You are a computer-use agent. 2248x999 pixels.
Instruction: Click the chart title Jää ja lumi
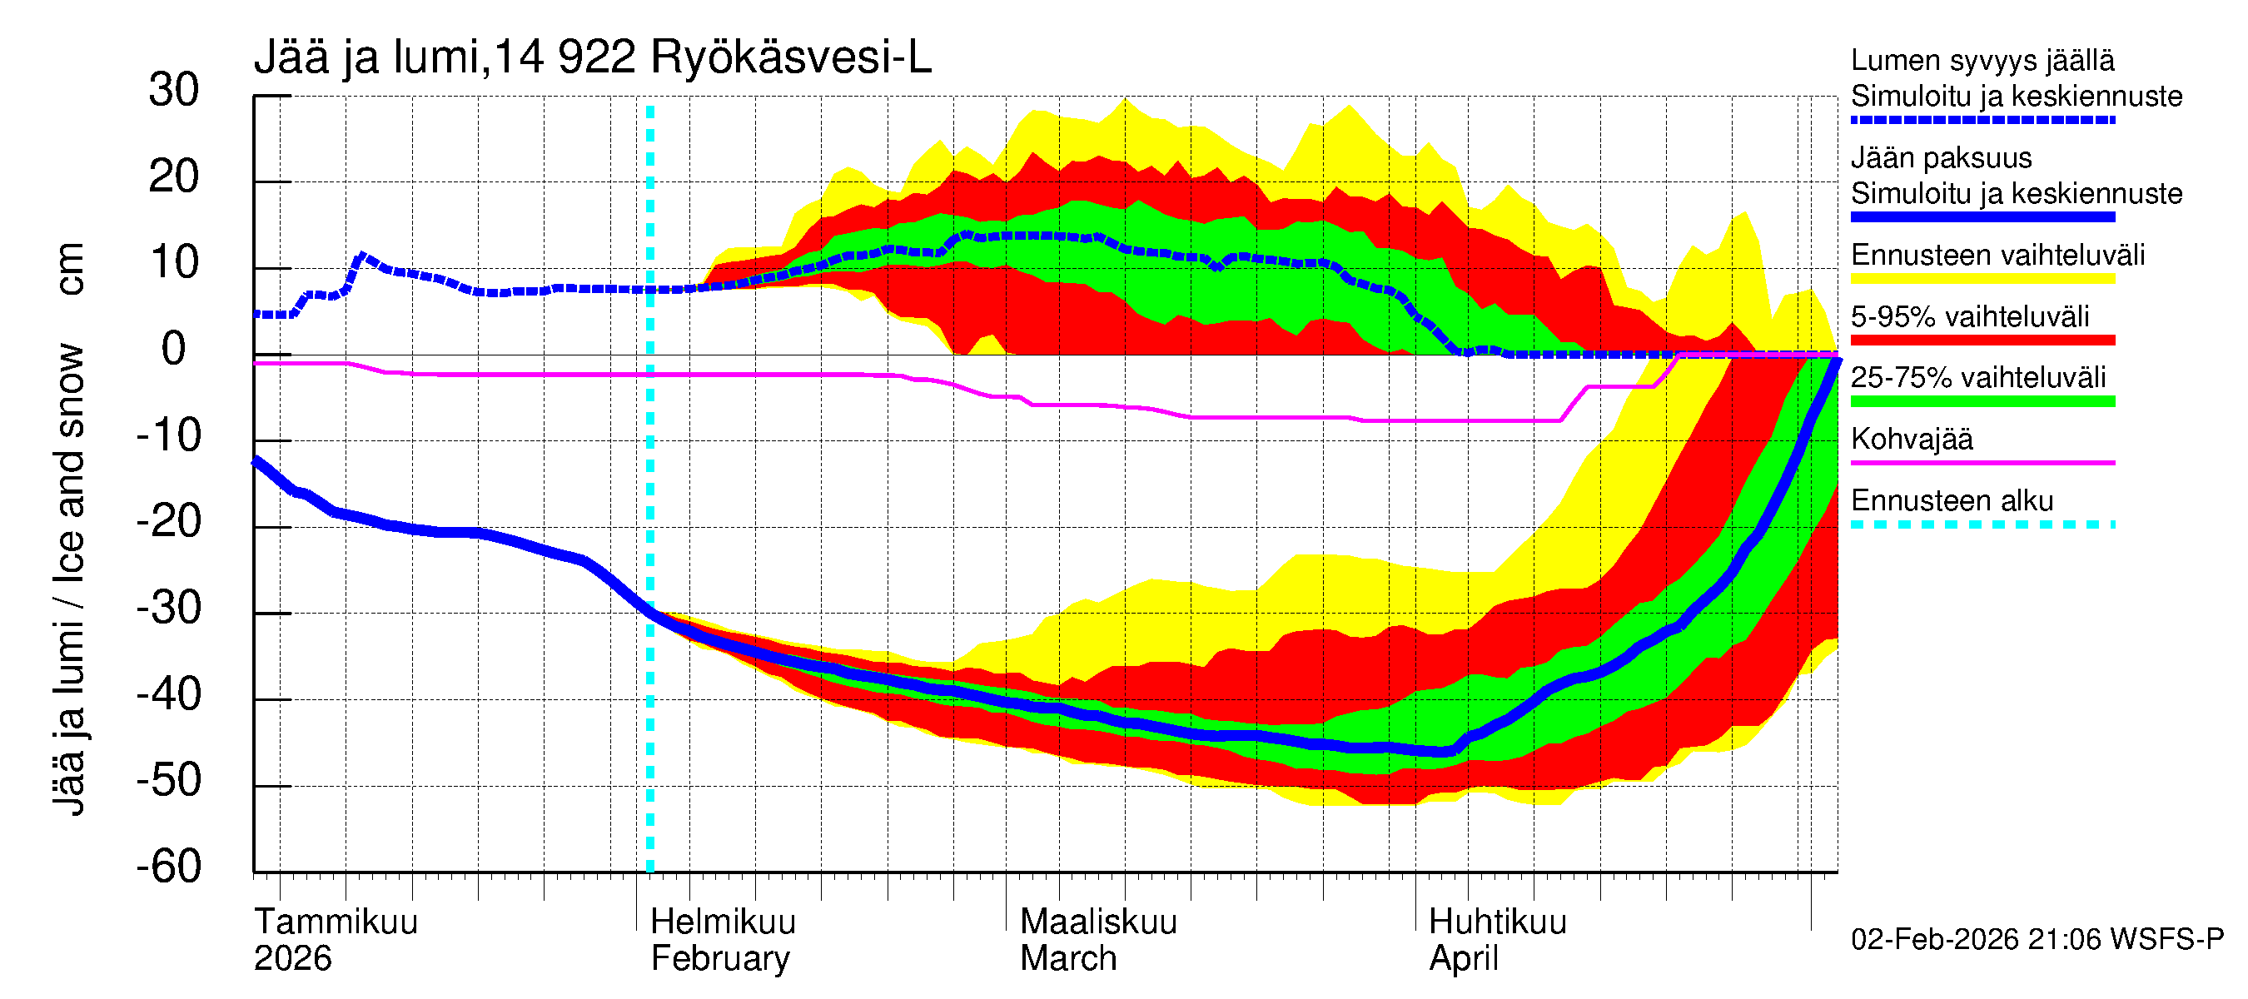(366, 58)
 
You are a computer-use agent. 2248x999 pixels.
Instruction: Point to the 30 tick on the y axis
(174, 91)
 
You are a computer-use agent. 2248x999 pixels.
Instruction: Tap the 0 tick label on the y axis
(174, 350)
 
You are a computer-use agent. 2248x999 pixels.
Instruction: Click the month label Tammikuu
(336, 922)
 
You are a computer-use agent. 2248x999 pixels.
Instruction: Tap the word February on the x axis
(720, 959)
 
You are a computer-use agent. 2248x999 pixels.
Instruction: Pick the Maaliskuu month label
(1098, 922)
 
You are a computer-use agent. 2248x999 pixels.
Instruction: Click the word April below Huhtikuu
(1463, 959)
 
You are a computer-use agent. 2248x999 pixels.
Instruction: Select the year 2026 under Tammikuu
(292, 959)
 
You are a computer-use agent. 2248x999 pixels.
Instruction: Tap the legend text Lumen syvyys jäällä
(1982, 61)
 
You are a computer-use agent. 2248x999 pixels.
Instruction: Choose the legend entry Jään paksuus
(1941, 159)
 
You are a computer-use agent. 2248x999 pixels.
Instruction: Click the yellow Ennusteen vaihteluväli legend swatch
(1982, 279)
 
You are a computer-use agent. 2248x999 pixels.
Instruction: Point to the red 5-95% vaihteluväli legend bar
(1982, 340)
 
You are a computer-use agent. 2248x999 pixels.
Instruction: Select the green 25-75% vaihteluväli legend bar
(1982, 401)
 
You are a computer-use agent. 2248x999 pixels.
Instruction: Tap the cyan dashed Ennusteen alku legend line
(1982, 524)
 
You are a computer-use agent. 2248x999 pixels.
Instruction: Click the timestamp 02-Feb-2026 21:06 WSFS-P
(2037, 940)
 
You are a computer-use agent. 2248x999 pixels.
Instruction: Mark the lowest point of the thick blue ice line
(1445, 751)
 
